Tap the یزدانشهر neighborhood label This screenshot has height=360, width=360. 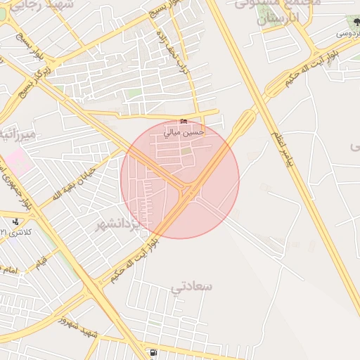(x=119, y=224)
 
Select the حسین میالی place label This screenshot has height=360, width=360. (x=184, y=131)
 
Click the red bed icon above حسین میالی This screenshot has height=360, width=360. (x=184, y=122)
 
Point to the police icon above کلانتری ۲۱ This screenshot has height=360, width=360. (x=15, y=222)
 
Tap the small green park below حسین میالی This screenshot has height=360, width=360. (x=186, y=150)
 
